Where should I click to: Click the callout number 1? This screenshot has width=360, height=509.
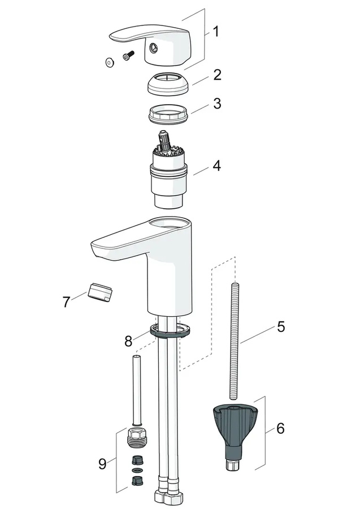pos(216,32)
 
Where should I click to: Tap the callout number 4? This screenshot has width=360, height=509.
pos(216,165)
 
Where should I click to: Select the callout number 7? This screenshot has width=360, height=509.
pos(66,302)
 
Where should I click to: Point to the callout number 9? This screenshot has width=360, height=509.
pos(102,464)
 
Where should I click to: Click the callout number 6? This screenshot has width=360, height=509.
pos(280,428)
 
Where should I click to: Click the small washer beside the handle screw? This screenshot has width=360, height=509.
pos(110,62)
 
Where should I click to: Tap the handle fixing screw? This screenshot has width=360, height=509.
pos(128,55)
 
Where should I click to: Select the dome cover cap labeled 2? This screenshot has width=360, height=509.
pos(168,84)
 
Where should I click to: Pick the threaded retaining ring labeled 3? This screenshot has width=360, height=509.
pos(168,114)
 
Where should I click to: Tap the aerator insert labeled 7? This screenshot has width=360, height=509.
pos(100,291)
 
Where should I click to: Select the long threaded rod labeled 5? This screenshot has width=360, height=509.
pos(234,341)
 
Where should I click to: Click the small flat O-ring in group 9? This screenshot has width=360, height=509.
pos(137,470)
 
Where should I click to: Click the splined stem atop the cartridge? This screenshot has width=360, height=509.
pos(163,141)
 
